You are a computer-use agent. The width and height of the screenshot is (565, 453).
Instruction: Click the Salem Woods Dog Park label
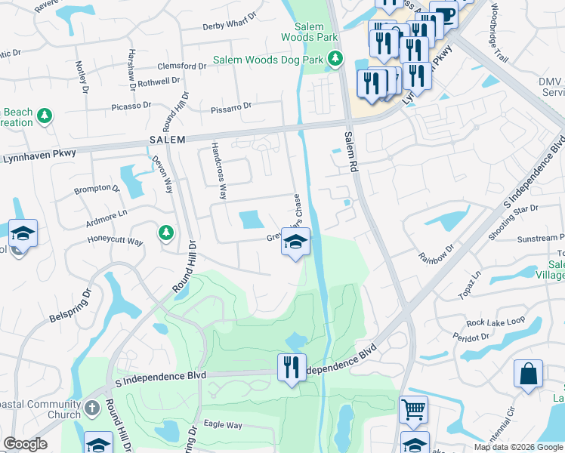(x=268, y=59)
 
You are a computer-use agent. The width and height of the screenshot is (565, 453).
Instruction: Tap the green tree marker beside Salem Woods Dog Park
(x=335, y=58)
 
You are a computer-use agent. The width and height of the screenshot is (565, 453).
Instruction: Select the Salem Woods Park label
(x=310, y=31)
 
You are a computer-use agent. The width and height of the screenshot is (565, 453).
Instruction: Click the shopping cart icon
(x=413, y=409)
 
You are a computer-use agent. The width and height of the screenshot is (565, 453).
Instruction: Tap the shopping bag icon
(x=528, y=373)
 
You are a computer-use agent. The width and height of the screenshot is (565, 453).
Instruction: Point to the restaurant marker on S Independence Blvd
(x=292, y=368)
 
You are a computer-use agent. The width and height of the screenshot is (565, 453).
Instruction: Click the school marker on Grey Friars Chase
(x=295, y=242)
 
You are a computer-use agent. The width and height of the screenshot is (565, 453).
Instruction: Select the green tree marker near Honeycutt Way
(x=165, y=233)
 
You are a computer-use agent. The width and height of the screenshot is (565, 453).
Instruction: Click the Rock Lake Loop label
(x=496, y=322)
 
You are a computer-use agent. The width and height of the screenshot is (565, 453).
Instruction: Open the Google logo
(x=25, y=444)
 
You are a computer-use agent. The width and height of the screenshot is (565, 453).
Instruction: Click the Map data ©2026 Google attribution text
(x=518, y=447)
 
